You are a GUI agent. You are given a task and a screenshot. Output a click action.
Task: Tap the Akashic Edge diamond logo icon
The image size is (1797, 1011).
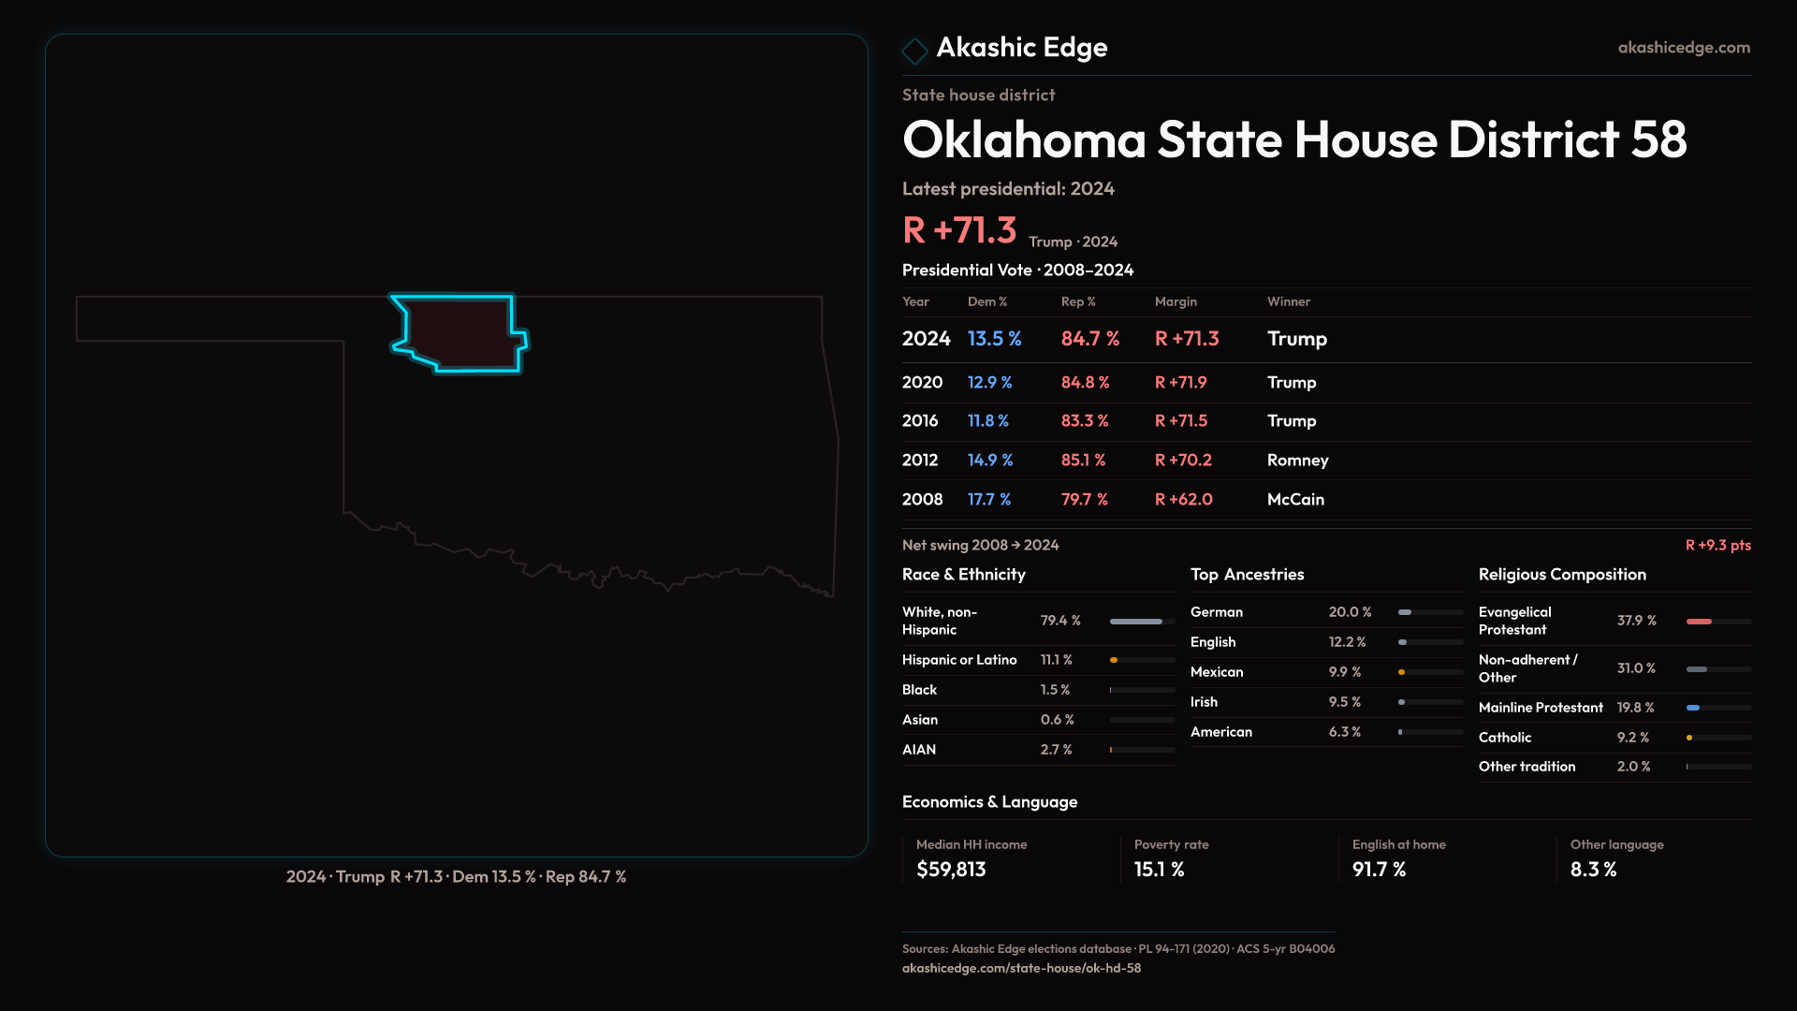point(914,51)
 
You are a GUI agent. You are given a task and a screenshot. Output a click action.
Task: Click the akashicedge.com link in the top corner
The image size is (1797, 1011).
point(1684,48)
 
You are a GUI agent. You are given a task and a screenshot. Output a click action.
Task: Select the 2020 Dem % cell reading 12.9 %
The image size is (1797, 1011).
point(989,383)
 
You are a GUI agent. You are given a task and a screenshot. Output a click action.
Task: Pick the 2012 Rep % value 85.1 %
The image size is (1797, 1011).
point(1083,461)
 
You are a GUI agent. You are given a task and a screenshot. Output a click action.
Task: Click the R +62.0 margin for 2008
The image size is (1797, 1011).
point(1183,500)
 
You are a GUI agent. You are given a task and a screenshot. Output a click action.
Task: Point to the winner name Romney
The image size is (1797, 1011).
point(1297,461)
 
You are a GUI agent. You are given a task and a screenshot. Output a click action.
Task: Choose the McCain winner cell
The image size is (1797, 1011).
point(1295,500)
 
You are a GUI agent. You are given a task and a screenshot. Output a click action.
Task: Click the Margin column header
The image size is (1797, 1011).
point(1176,301)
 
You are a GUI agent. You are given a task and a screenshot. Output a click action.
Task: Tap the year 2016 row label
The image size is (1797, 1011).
point(920,421)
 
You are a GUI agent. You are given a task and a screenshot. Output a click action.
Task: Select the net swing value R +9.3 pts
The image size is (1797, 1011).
point(1717,546)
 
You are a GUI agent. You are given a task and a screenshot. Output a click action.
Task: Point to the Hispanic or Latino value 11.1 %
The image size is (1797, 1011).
point(1057,661)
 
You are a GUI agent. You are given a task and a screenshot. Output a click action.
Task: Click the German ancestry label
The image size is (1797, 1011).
point(1217,612)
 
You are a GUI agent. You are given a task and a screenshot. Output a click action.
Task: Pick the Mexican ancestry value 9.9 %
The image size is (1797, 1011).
point(1345,672)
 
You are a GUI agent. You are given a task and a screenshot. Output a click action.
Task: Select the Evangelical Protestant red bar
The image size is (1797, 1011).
point(1700,622)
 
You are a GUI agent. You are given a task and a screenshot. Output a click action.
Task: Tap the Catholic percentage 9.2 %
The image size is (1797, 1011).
point(1633,738)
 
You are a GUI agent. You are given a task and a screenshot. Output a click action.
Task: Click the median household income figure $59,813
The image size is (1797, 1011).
point(951,870)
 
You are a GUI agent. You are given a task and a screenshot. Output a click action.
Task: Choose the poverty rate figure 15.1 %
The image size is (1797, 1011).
point(1159,870)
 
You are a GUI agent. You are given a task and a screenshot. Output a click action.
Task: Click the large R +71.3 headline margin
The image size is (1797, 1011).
point(959,230)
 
